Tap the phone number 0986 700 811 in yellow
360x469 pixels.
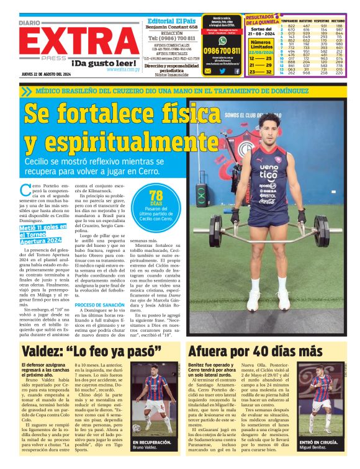(223, 50)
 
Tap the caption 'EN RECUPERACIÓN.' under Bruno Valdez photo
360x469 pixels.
(151, 442)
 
